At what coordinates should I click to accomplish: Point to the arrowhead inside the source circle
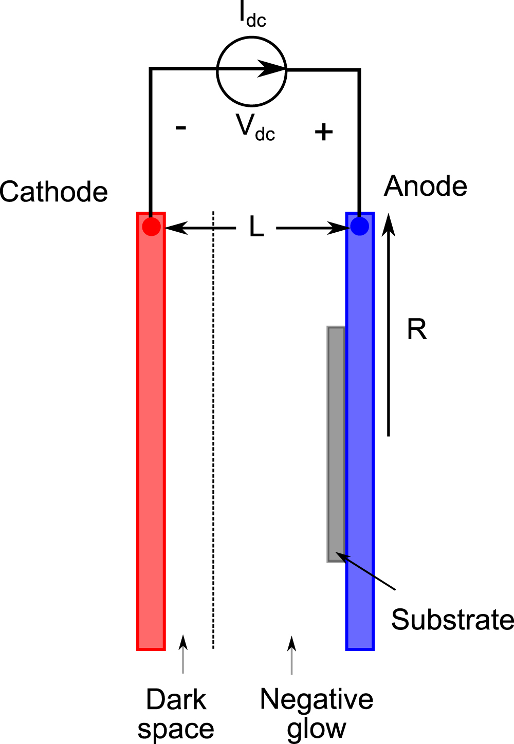coord(269,68)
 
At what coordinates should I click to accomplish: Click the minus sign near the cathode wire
coord(180,127)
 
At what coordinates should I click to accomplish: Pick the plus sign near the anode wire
coord(324,132)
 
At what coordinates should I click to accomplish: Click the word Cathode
coord(54,192)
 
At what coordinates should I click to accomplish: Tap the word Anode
coord(426,186)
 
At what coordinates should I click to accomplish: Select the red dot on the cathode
coord(151,226)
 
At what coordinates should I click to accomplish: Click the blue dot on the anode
coord(359,226)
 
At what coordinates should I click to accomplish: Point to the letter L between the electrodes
coord(256,227)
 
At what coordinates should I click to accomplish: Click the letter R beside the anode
coord(417,329)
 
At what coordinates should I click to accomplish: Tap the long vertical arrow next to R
coord(389,329)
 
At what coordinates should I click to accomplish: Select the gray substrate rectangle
coord(336,444)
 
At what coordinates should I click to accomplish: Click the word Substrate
coord(452,620)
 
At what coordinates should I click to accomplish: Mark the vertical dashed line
coord(213,432)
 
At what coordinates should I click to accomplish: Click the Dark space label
coord(176,714)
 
